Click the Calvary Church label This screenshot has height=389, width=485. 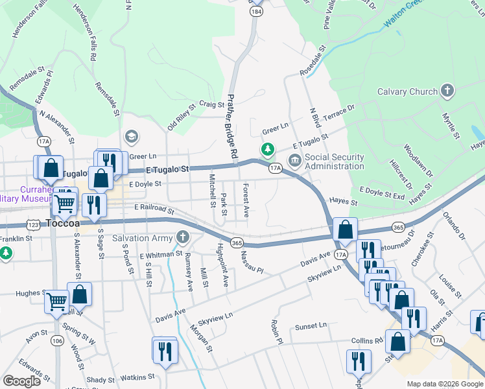(407, 91)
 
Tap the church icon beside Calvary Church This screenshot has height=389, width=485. (447, 91)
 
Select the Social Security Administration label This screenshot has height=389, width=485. (335, 161)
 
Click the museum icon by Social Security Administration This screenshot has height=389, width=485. (294, 160)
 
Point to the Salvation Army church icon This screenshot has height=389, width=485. (183, 238)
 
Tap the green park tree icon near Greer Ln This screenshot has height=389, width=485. (267, 150)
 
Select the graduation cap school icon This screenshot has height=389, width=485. (132, 137)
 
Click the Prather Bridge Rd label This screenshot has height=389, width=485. (231, 127)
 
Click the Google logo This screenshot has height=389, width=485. (21, 381)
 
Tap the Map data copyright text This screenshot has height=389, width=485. (445, 384)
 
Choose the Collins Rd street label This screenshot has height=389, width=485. (368, 341)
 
